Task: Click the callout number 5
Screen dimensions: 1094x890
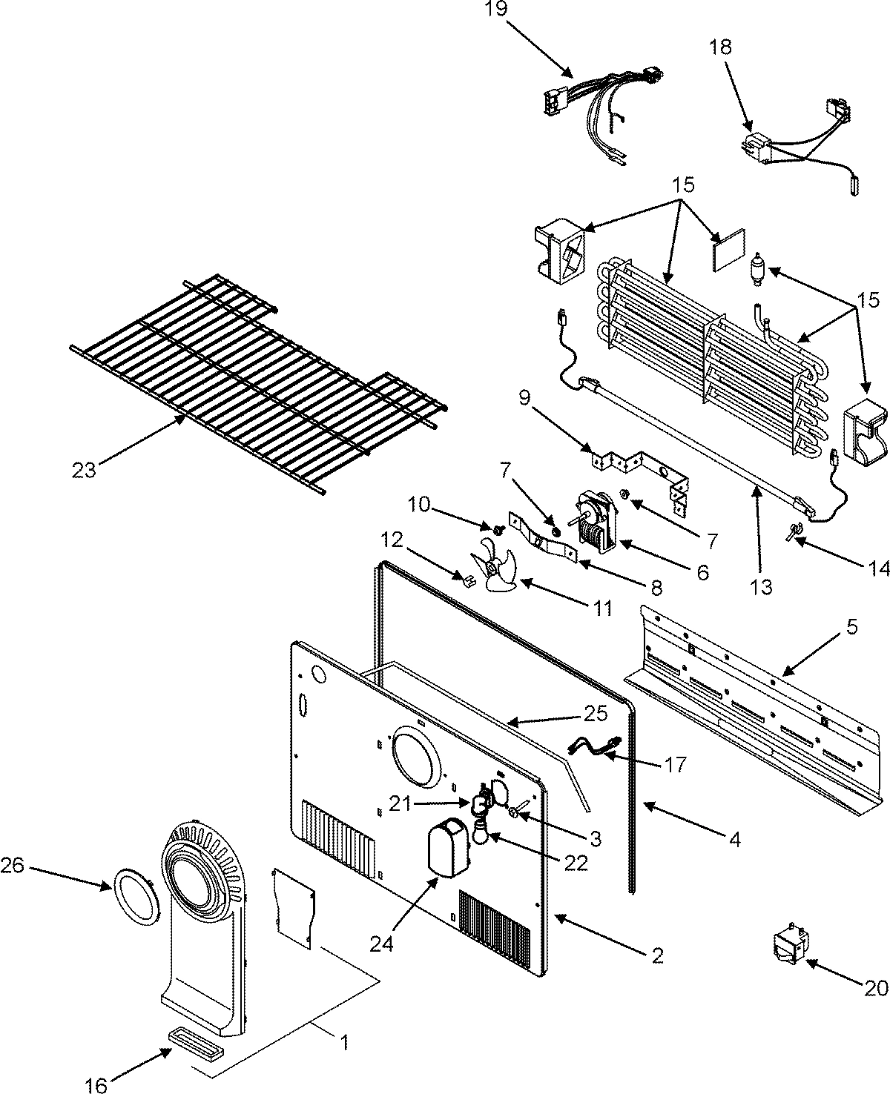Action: point(852,627)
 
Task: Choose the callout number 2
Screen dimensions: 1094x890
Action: point(657,955)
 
